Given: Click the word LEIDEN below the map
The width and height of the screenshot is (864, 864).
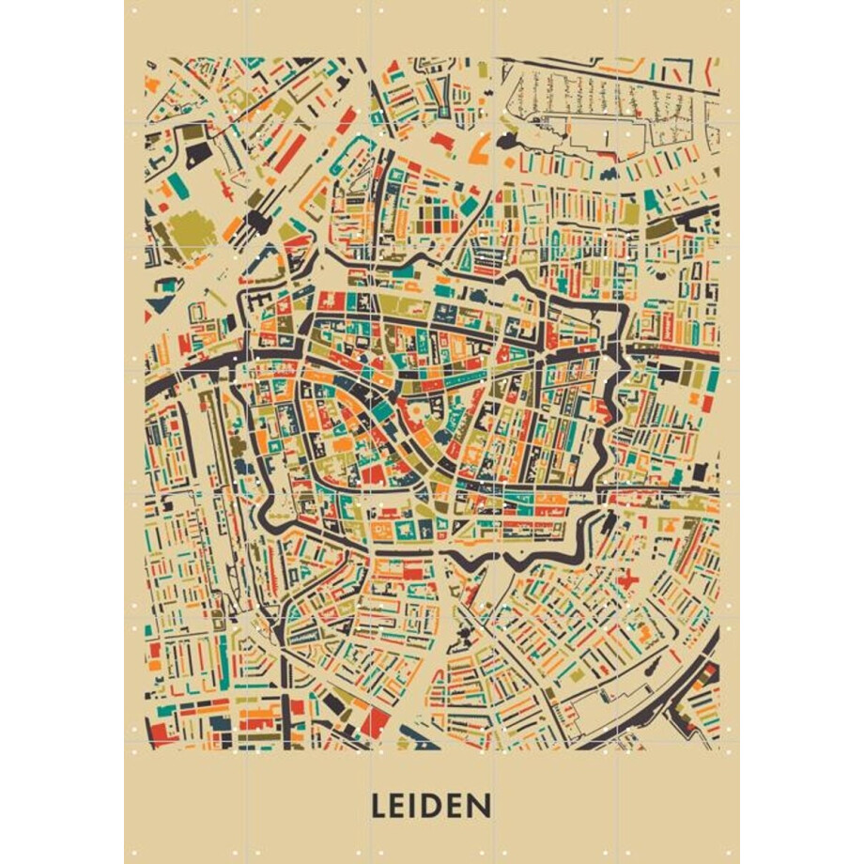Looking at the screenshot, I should point(431,806).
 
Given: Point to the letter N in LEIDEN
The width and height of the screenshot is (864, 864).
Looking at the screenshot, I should point(481,806).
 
